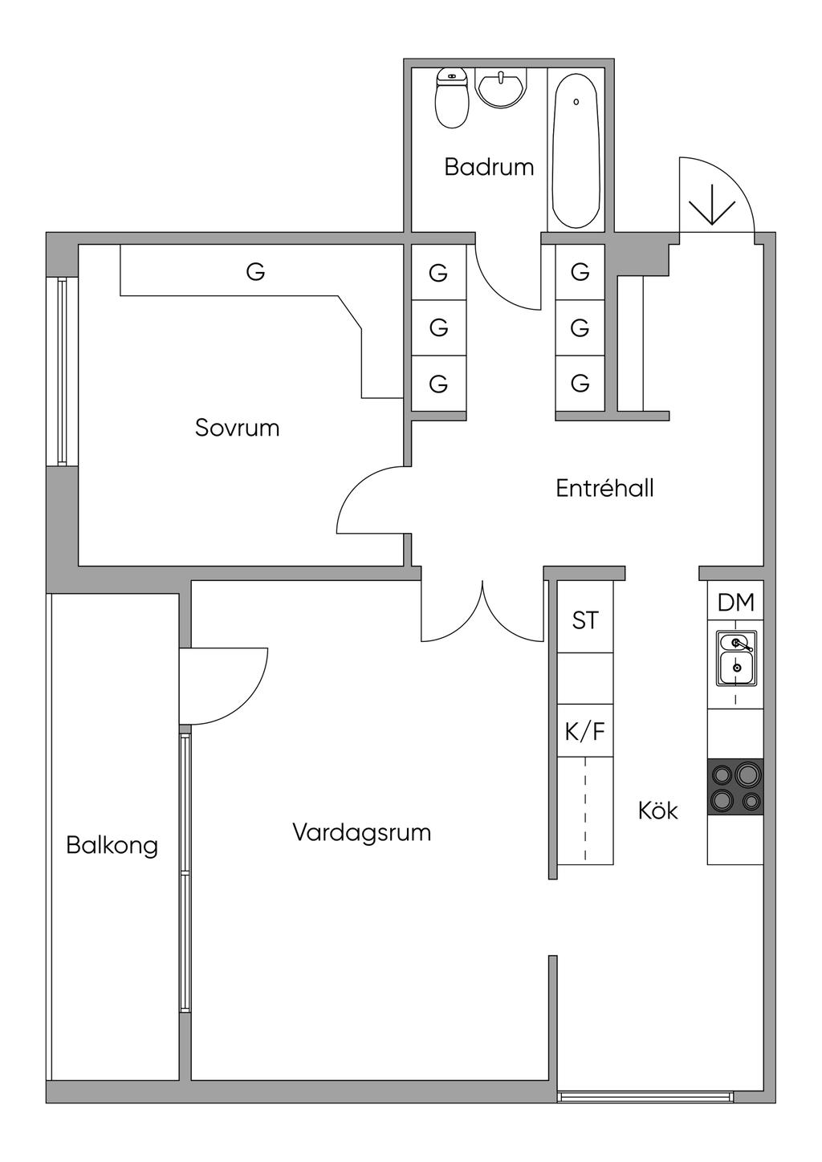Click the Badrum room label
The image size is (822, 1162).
[489, 167]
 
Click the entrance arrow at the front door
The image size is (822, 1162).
[712, 205]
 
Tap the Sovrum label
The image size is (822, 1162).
[238, 428]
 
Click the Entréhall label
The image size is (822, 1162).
[604, 488]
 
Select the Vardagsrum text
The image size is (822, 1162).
[361, 832]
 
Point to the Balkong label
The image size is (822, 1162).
[112, 845]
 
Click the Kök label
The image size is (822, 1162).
[658, 811]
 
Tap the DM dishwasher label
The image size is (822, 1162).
[736, 602]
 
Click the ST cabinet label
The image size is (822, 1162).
[585, 620]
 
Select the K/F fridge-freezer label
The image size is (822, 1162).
[585, 732]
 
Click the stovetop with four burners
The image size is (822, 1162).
[735, 787]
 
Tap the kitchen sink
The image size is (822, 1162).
[736, 658]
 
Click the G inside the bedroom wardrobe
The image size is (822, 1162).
[255, 272]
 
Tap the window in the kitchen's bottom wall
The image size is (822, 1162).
[645, 1096]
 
